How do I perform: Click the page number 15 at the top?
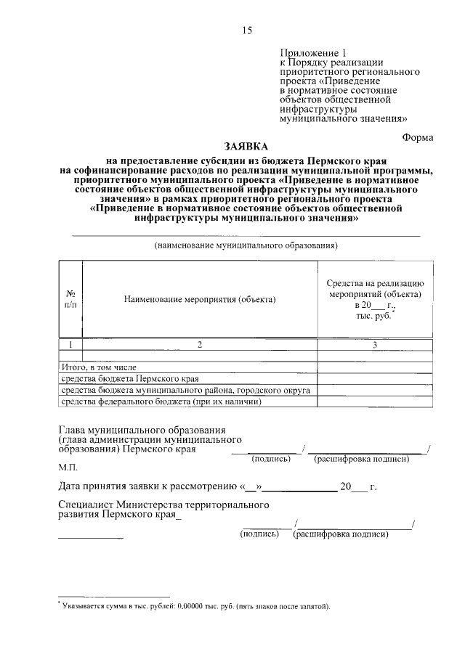247,30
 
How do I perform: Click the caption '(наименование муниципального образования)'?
246,245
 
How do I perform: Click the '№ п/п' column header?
70,299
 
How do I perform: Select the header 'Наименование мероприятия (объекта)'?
200,299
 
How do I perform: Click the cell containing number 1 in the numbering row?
70,345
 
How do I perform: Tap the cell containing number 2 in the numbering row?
200,345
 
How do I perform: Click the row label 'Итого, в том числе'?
98,368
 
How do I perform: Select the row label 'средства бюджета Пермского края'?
129,379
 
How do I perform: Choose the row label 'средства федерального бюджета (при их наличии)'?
161,401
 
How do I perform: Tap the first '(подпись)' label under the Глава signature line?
271,459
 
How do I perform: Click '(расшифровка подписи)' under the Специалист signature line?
340,534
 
